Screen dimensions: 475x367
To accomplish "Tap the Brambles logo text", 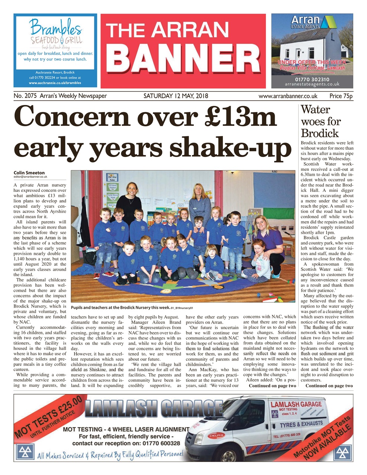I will click(x=55, y=28).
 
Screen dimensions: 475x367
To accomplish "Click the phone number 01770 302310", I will click(x=312, y=79).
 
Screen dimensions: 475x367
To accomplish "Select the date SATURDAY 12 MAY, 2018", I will click(x=176, y=96).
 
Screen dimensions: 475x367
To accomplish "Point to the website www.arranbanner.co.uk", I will click(x=288, y=96).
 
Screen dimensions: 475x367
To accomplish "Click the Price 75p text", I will click(x=341, y=96).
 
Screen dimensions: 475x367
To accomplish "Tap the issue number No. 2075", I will click(x=25, y=96).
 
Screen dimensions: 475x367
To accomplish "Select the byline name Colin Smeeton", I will click(x=29, y=173).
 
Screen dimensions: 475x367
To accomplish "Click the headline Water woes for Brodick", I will click(x=320, y=121).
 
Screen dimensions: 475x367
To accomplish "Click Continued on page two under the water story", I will click(x=329, y=386).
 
